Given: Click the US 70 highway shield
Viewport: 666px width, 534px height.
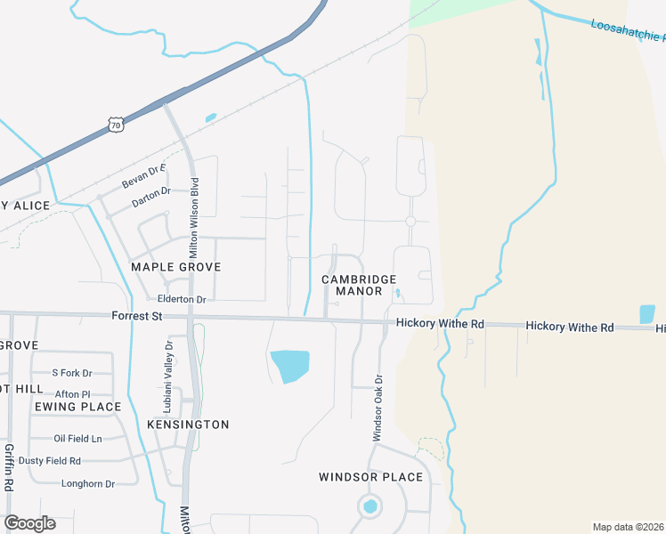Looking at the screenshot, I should tap(116, 125).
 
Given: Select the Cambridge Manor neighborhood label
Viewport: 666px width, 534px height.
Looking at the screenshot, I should tap(359, 285).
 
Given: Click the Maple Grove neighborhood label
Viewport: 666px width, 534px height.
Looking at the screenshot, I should tap(175, 267).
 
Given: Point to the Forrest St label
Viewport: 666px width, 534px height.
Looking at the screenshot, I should tap(137, 316).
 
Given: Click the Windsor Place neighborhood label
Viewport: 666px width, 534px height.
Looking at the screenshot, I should tap(370, 477).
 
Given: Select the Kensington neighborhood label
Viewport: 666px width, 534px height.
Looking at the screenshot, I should tap(188, 425).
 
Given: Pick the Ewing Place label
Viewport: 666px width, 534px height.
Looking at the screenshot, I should tap(77, 407).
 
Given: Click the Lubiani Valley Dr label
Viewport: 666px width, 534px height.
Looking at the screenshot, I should tap(167, 375).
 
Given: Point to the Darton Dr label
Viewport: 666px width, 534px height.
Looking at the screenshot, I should tap(150, 192).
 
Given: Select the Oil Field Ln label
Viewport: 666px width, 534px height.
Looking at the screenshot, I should tap(77, 438).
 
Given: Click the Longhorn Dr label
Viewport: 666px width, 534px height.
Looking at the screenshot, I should tap(88, 484).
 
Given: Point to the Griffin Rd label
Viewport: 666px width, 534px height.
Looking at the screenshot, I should tap(9, 467).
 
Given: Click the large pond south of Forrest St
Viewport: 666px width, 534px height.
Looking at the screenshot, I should tap(290, 365).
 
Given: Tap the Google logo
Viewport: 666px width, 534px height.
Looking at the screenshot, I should tap(29, 523).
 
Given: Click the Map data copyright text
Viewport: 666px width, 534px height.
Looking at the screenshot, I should tap(627, 527).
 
